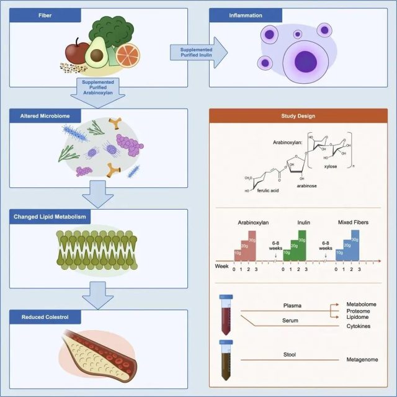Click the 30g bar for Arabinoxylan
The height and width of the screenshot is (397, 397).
[x=251, y=245]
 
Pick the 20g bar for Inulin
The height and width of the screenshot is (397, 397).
[x=294, y=249]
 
